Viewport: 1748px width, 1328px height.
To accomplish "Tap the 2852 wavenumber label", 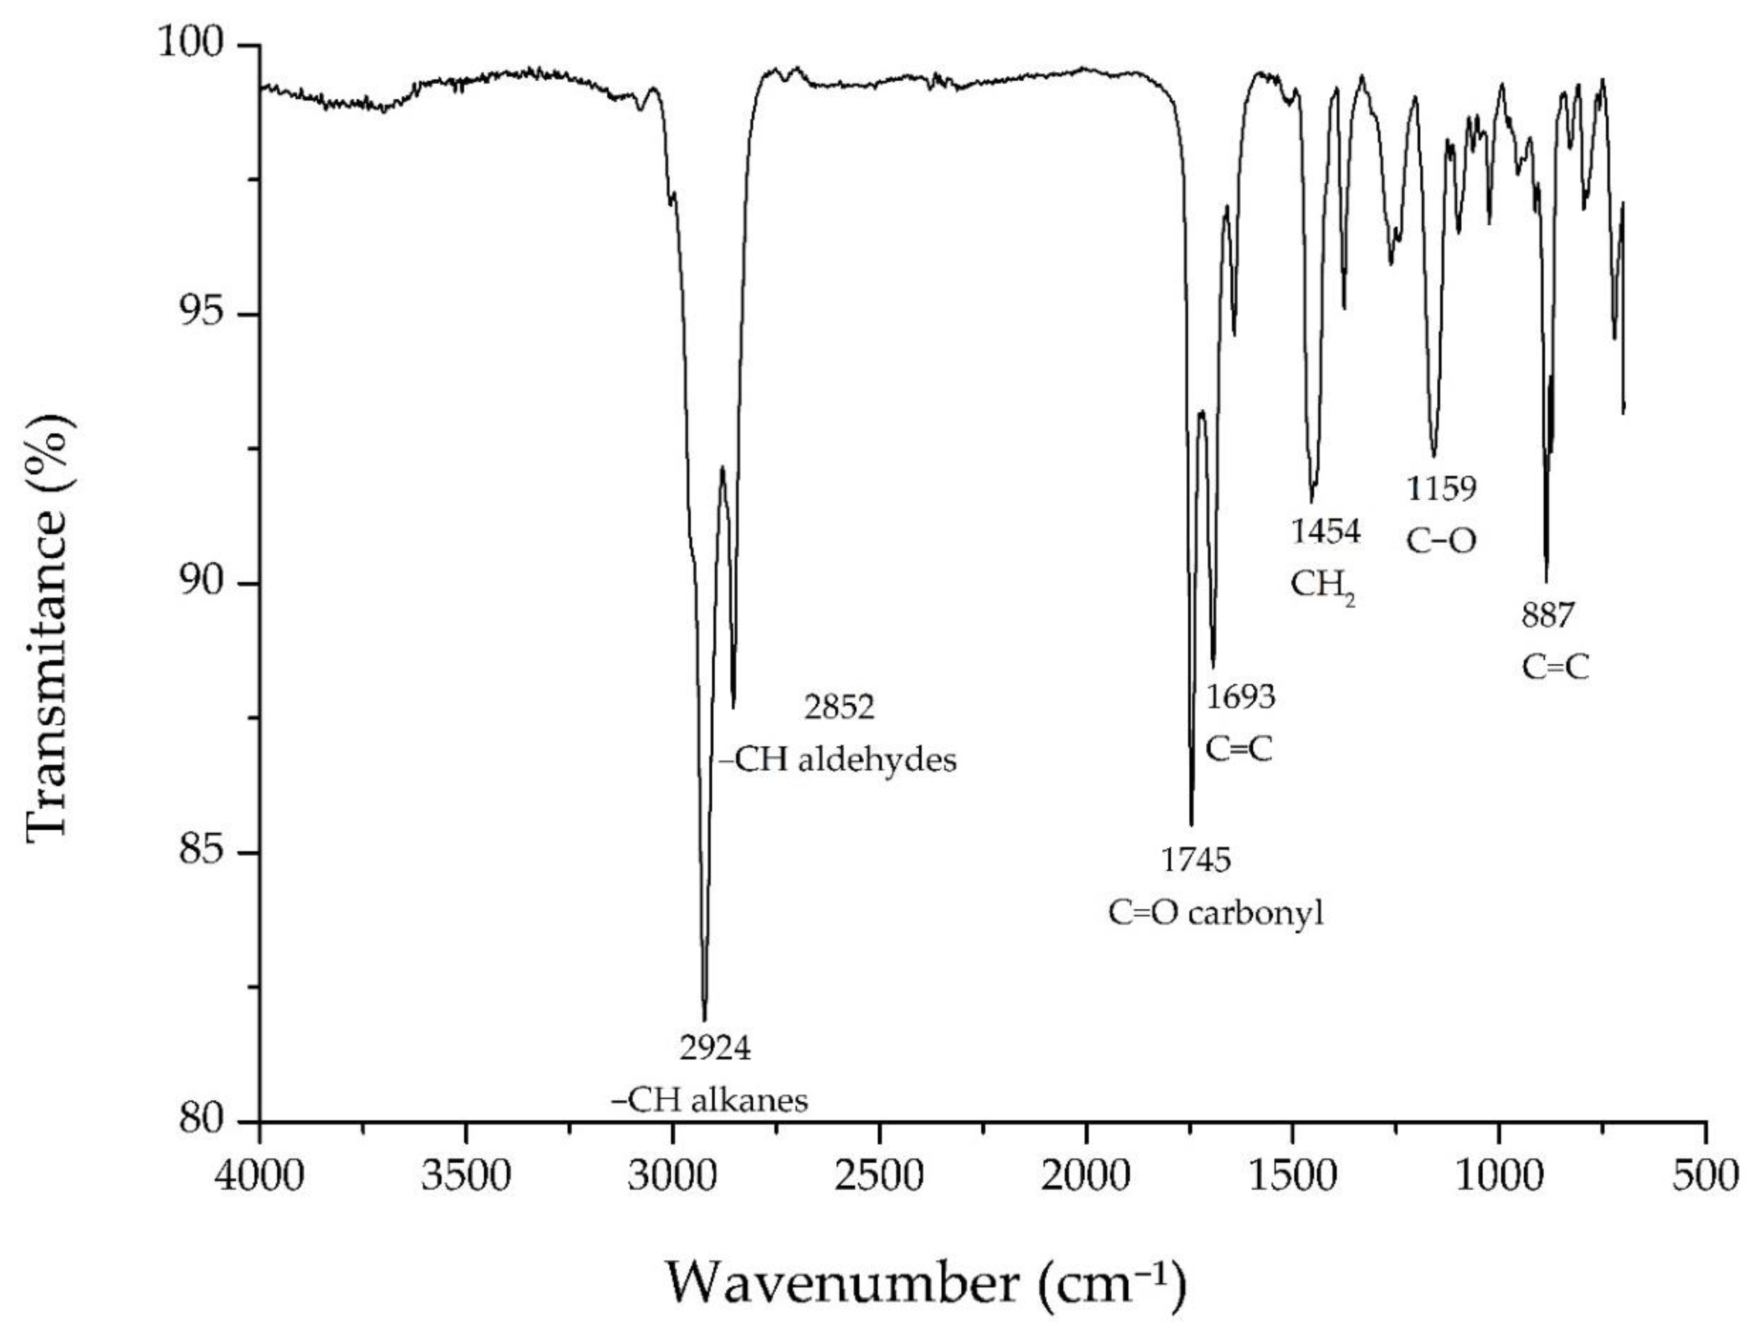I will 840,707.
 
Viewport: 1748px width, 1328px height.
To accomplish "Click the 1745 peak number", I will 1196,860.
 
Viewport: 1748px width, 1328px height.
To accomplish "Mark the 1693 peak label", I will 1240,697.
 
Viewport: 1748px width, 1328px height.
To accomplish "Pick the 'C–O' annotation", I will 1441,541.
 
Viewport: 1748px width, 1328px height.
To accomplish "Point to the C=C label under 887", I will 1555,668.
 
